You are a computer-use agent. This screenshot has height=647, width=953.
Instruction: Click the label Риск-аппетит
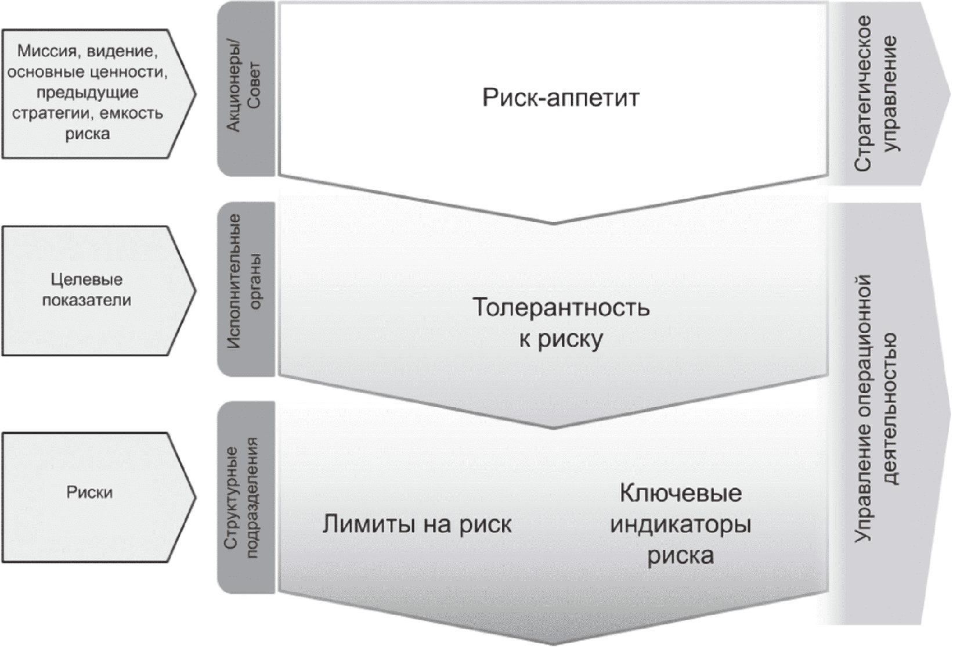[x=560, y=98]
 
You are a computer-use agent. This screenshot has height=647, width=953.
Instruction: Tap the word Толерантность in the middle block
[x=561, y=307]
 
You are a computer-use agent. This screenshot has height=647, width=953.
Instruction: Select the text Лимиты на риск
[x=417, y=524]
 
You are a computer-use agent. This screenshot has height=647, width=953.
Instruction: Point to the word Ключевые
[x=681, y=493]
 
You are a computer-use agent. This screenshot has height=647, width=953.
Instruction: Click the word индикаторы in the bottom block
[x=681, y=524]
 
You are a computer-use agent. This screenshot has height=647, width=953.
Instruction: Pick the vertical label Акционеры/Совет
[x=243, y=88]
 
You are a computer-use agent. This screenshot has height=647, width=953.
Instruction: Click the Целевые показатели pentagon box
[x=98, y=291]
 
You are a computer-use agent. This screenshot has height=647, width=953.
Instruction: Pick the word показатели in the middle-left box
[x=87, y=300]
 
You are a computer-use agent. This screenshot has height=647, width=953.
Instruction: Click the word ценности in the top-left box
[x=129, y=72]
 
